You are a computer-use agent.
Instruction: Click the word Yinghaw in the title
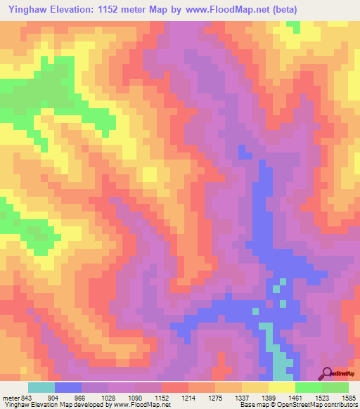pyautogui.click(x=27, y=9)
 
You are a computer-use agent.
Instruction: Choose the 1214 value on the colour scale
pyautogui.click(x=188, y=396)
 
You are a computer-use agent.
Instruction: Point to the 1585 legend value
pyautogui.click(x=347, y=396)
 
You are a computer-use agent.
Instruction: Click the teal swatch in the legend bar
pyautogui.click(x=41, y=387)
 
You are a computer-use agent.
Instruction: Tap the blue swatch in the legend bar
pyautogui.click(x=68, y=387)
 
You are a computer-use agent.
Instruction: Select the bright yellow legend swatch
pyautogui.click(x=282, y=387)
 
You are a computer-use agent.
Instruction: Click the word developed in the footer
pyautogui.click(x=91, y=404)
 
